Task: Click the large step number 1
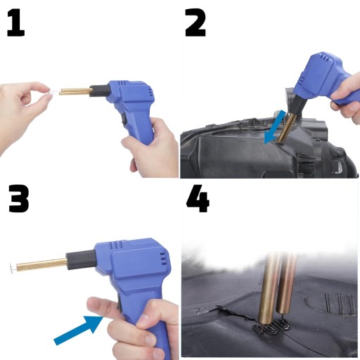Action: click(15, 23)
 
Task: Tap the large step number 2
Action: click(195, 22)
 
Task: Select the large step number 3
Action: click(19, 198)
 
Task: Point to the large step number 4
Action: click(198, 198)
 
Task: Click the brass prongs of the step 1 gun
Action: click(75, 91)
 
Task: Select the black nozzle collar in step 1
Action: click(100, 91)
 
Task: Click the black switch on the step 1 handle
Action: click(125, 120)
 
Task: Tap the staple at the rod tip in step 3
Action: click(13, 267)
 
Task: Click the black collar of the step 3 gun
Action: click(81, 261)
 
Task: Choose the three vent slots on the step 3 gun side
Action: click(163, 259)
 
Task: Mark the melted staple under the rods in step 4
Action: click(271, 328)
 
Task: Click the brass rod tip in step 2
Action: click(280, 141)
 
